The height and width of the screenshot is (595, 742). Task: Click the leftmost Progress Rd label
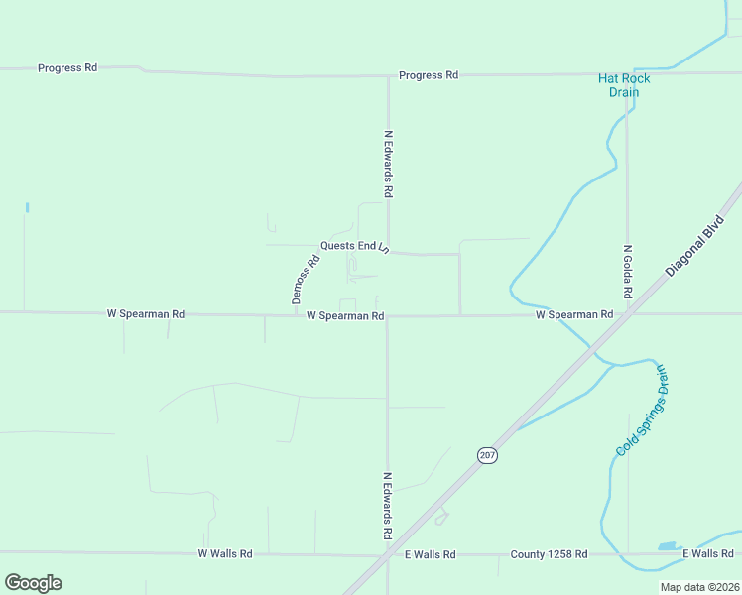67,68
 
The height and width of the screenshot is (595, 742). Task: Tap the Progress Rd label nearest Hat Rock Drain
429,75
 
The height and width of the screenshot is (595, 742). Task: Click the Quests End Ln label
354,246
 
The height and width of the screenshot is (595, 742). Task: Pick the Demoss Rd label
306,280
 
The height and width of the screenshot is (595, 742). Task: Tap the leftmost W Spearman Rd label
146,314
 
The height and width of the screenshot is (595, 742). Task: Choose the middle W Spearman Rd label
345,316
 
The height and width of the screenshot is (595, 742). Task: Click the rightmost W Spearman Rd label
574,314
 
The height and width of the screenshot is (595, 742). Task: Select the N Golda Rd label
627,274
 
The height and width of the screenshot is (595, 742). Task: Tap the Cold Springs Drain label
642,411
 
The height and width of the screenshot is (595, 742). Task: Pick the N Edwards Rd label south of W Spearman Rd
388,506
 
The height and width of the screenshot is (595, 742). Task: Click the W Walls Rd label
225,553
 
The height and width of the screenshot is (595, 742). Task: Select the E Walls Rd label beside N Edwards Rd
430,554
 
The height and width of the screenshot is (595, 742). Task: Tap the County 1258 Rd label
549,554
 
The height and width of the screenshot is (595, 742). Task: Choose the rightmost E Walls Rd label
707,553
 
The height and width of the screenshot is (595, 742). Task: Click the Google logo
33,583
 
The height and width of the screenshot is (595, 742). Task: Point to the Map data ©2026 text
699,587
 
